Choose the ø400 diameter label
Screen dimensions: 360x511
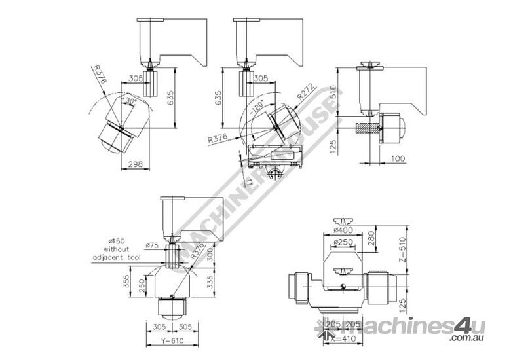pyautogui.click(x=343, y=230)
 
